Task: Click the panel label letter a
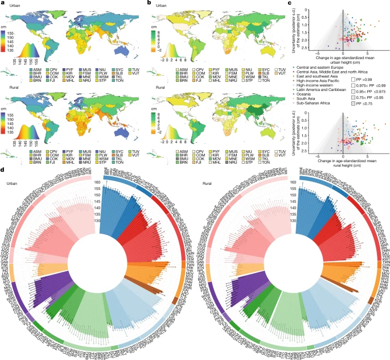coord(3,3)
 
